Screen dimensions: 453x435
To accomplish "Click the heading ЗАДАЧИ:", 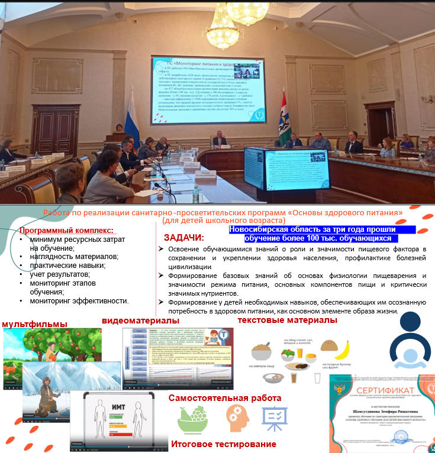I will (183, 238).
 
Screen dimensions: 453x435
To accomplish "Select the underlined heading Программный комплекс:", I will (66, 231).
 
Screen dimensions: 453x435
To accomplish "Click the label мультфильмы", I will (34, 323).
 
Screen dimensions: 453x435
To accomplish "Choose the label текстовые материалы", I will (287, 320).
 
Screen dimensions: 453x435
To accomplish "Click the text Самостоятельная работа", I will (225, 398).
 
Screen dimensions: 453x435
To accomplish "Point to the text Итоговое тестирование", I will (224, 444).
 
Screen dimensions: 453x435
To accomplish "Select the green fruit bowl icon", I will (192, 420).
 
